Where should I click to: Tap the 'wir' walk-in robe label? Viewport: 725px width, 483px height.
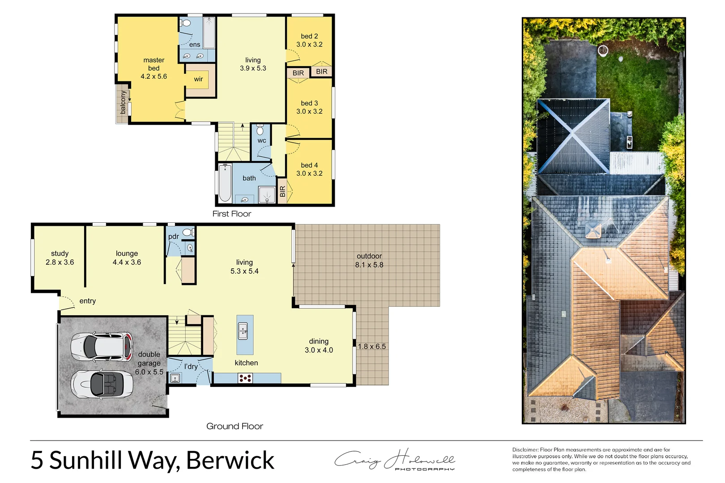coord(198,79)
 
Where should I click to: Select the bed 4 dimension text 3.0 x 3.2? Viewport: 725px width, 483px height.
coord(309,174)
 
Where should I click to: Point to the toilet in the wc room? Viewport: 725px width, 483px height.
coord(260,130)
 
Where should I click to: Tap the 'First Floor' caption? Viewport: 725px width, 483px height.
coord(231,214)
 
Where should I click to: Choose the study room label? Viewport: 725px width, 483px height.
coord(60,254)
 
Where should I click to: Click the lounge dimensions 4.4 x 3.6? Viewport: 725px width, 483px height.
coord(127,263)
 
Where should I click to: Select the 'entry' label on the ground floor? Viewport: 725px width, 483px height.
coord(88,301)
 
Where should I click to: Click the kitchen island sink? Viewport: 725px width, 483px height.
coord(243,331)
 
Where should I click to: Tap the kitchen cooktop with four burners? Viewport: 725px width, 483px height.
coord(245,378)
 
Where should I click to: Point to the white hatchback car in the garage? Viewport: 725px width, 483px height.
coord(102,347)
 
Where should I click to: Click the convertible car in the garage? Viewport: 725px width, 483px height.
coord(102,384)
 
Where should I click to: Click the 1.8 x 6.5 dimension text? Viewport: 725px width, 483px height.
coord(371,347)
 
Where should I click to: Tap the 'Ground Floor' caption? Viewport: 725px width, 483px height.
coord(235,426)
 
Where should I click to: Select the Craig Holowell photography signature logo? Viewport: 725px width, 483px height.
coord(394,459)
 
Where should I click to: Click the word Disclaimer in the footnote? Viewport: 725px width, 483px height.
coord(525,450)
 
